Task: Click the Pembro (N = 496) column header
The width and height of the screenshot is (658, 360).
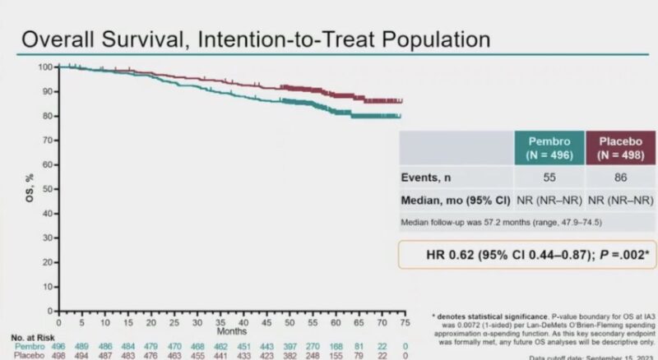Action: pos(549,146)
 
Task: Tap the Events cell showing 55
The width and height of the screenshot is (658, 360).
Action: pos(549,176)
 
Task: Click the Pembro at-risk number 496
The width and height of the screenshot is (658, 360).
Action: pos(59,347)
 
